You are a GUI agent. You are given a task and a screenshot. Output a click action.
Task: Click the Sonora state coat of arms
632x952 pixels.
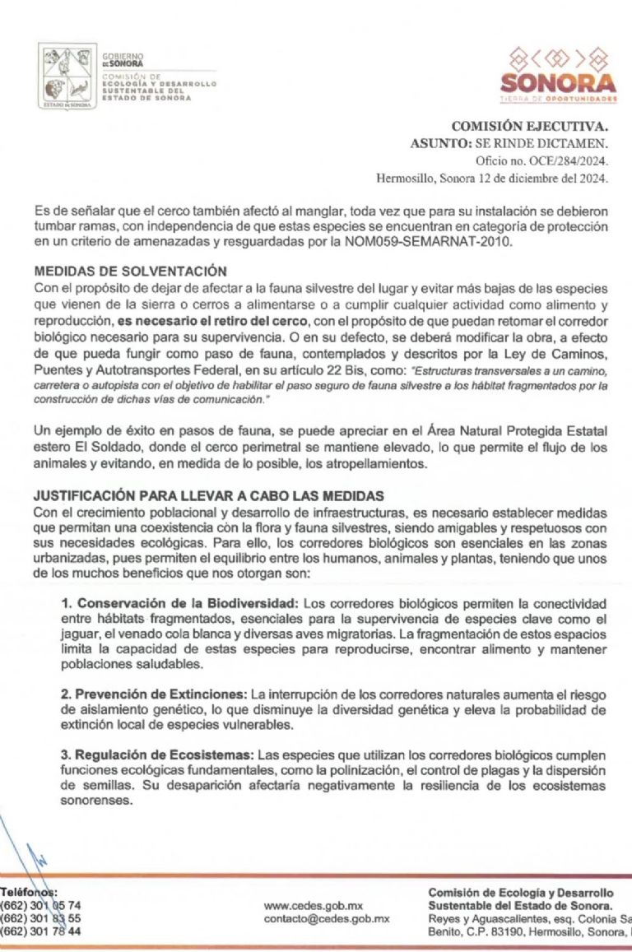(67, 77)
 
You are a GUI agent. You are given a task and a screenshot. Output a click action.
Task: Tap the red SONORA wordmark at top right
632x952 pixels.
(558, 83)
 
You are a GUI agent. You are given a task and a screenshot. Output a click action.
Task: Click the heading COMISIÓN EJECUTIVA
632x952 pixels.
(529, 127)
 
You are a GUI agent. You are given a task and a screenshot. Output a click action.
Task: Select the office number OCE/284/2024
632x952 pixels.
(566, 160)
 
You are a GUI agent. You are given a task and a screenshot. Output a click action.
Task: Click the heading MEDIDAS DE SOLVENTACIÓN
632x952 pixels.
(130, 272)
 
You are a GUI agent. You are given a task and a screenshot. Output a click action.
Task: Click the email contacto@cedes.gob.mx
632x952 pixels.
(327, 919)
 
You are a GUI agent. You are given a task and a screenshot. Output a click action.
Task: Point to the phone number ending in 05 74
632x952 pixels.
(41, 906)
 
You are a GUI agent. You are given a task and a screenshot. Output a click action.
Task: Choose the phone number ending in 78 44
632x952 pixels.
(41, 932)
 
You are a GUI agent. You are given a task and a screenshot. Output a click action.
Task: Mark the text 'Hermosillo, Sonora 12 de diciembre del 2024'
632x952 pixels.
(492, 177)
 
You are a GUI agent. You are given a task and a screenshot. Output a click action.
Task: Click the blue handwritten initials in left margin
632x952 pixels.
(33, 860)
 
